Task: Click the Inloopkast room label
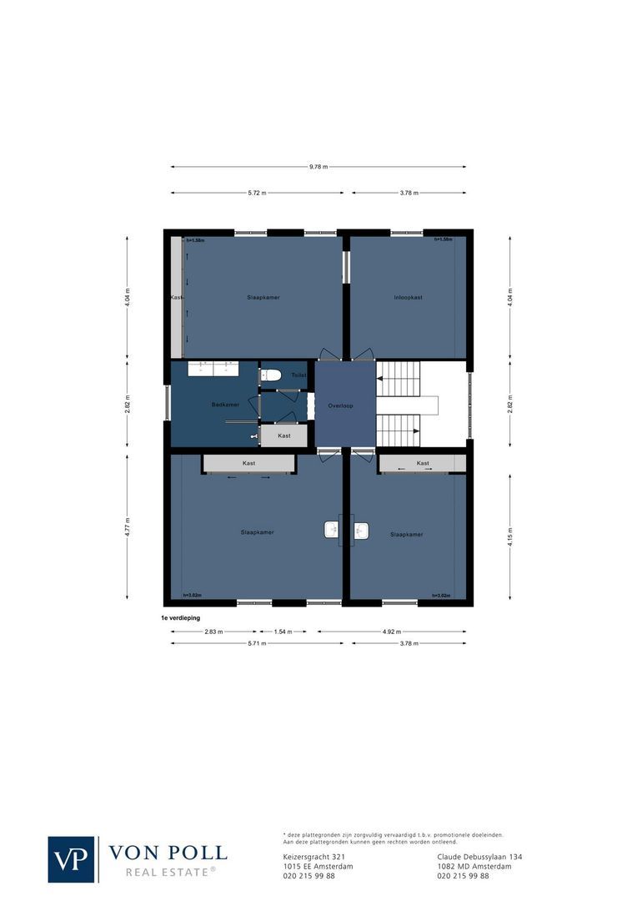click(x=408, y=297)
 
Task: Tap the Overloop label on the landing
click(x=340, y=405)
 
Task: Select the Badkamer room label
click(x=225, y=405)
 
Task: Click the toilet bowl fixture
click(x=272, y=375)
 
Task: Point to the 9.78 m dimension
click(x=318, y=167)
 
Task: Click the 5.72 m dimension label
click(x=257, y=193)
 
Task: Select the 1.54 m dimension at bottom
click(x=283, y=632)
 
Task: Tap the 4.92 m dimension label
click(x=391, y=632)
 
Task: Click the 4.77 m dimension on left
click(x=127, y=526)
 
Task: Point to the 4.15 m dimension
click(x=510, y=535)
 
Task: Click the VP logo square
click(x=72, y=859)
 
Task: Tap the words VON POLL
click(x=168, y=853)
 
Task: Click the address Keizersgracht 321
click(x=314, y=857)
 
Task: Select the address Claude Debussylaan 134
click(x=479, y=857)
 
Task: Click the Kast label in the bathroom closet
click(x=284, y=435)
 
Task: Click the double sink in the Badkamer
click(x=213, y=368)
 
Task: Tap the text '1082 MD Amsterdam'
click(x=474, y=866)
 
